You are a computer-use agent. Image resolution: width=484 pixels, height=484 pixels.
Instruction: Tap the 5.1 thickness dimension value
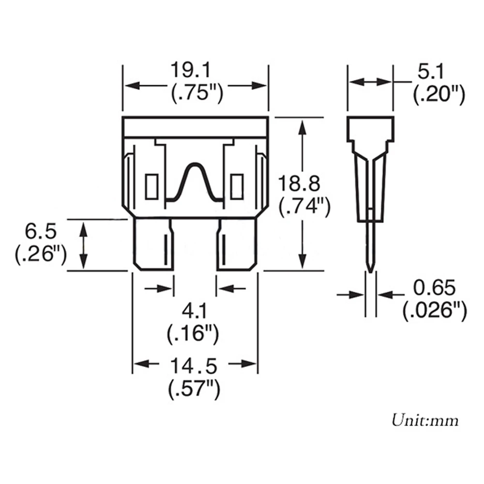[430, 73]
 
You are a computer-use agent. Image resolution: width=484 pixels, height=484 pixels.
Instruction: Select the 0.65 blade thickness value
[434, 288]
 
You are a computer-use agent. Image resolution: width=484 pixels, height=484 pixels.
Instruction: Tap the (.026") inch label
[434, 311]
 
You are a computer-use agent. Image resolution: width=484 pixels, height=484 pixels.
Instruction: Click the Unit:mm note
[425, 419]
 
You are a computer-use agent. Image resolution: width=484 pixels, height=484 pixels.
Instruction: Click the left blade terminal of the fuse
[153, 244]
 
